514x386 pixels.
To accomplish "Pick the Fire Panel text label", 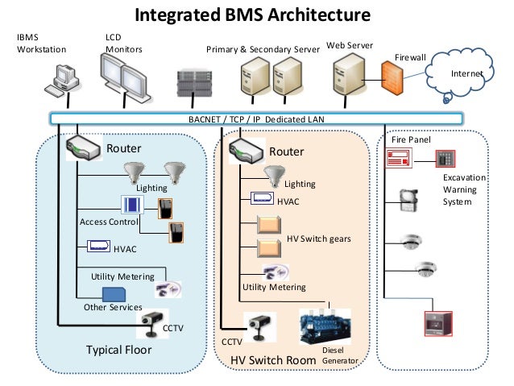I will pos(411,139).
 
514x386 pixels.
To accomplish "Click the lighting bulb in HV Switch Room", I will pos(276,174).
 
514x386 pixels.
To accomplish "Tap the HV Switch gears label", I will pos(319,239).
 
